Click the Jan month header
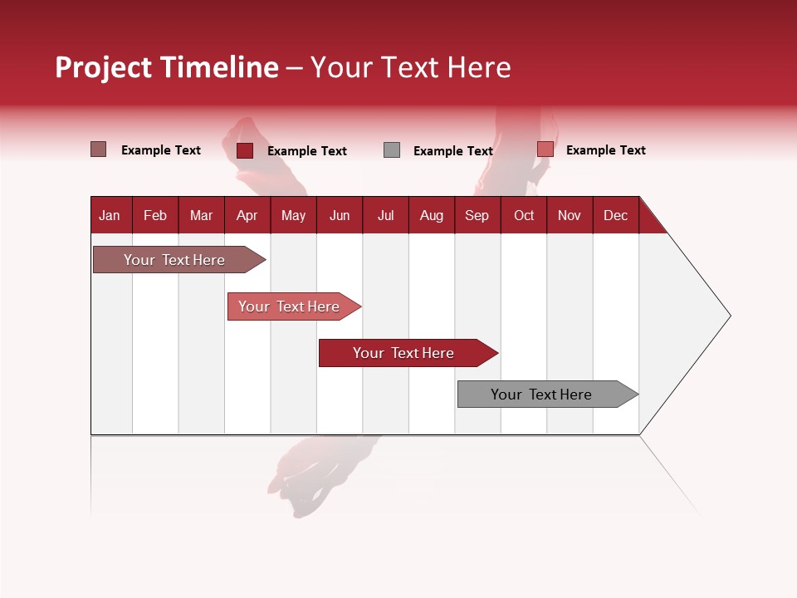click(110, 215)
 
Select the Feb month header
click(155, 215)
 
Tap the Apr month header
click(247, 215)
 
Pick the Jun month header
click(340, 215)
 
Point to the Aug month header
click(431, 215)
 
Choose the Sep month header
click(477, 215)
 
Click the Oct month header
click(524, 215)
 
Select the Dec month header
click(615, 215)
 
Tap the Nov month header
click(570, 215)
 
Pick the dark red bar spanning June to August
click(404, 353)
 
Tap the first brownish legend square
click(98, 149)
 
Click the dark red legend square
click(245, 150)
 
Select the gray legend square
click(392, 150)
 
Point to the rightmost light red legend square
click(545, 149)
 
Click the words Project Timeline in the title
click(167, 67)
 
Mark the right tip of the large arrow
click(729, 316)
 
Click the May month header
click(293, 215)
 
